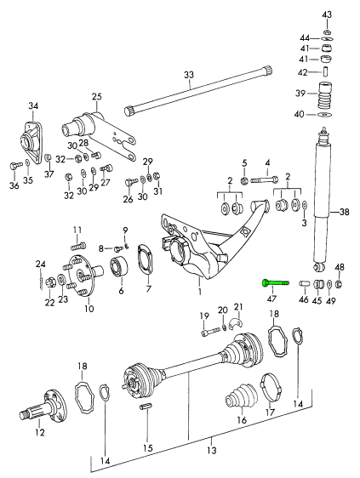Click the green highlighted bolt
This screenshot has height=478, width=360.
275,283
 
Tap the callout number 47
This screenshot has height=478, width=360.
271,299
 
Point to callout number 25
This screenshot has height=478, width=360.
96,97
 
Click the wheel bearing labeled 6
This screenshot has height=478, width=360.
118,267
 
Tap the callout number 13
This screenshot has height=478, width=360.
211,450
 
